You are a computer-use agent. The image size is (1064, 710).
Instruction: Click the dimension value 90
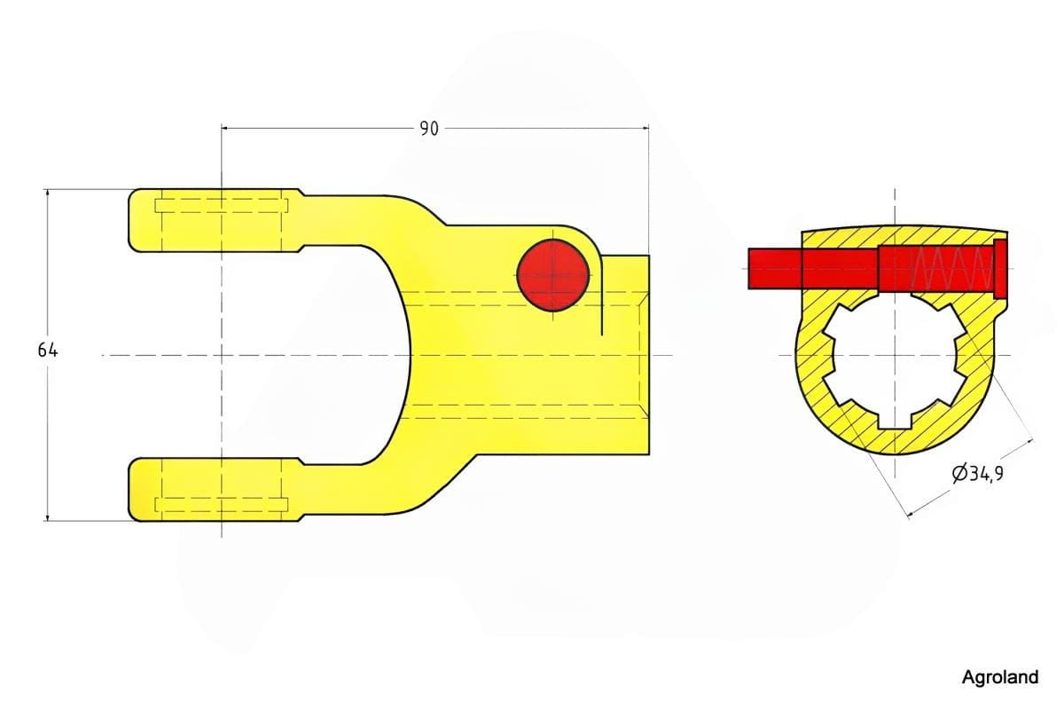coord(429,129)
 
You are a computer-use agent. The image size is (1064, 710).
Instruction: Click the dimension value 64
coord(48,351)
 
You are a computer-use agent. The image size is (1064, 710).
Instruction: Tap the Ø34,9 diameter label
coord(977,474)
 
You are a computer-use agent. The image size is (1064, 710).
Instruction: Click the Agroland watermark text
coord(1000,676)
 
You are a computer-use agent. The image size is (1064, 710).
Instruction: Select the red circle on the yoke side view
coord(553,275)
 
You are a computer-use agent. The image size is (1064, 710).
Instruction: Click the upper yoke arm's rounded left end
coord(136,220)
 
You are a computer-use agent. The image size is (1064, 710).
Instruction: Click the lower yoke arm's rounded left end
coord(136,490)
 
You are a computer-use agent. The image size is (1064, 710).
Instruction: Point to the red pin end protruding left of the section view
coord(775,268)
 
